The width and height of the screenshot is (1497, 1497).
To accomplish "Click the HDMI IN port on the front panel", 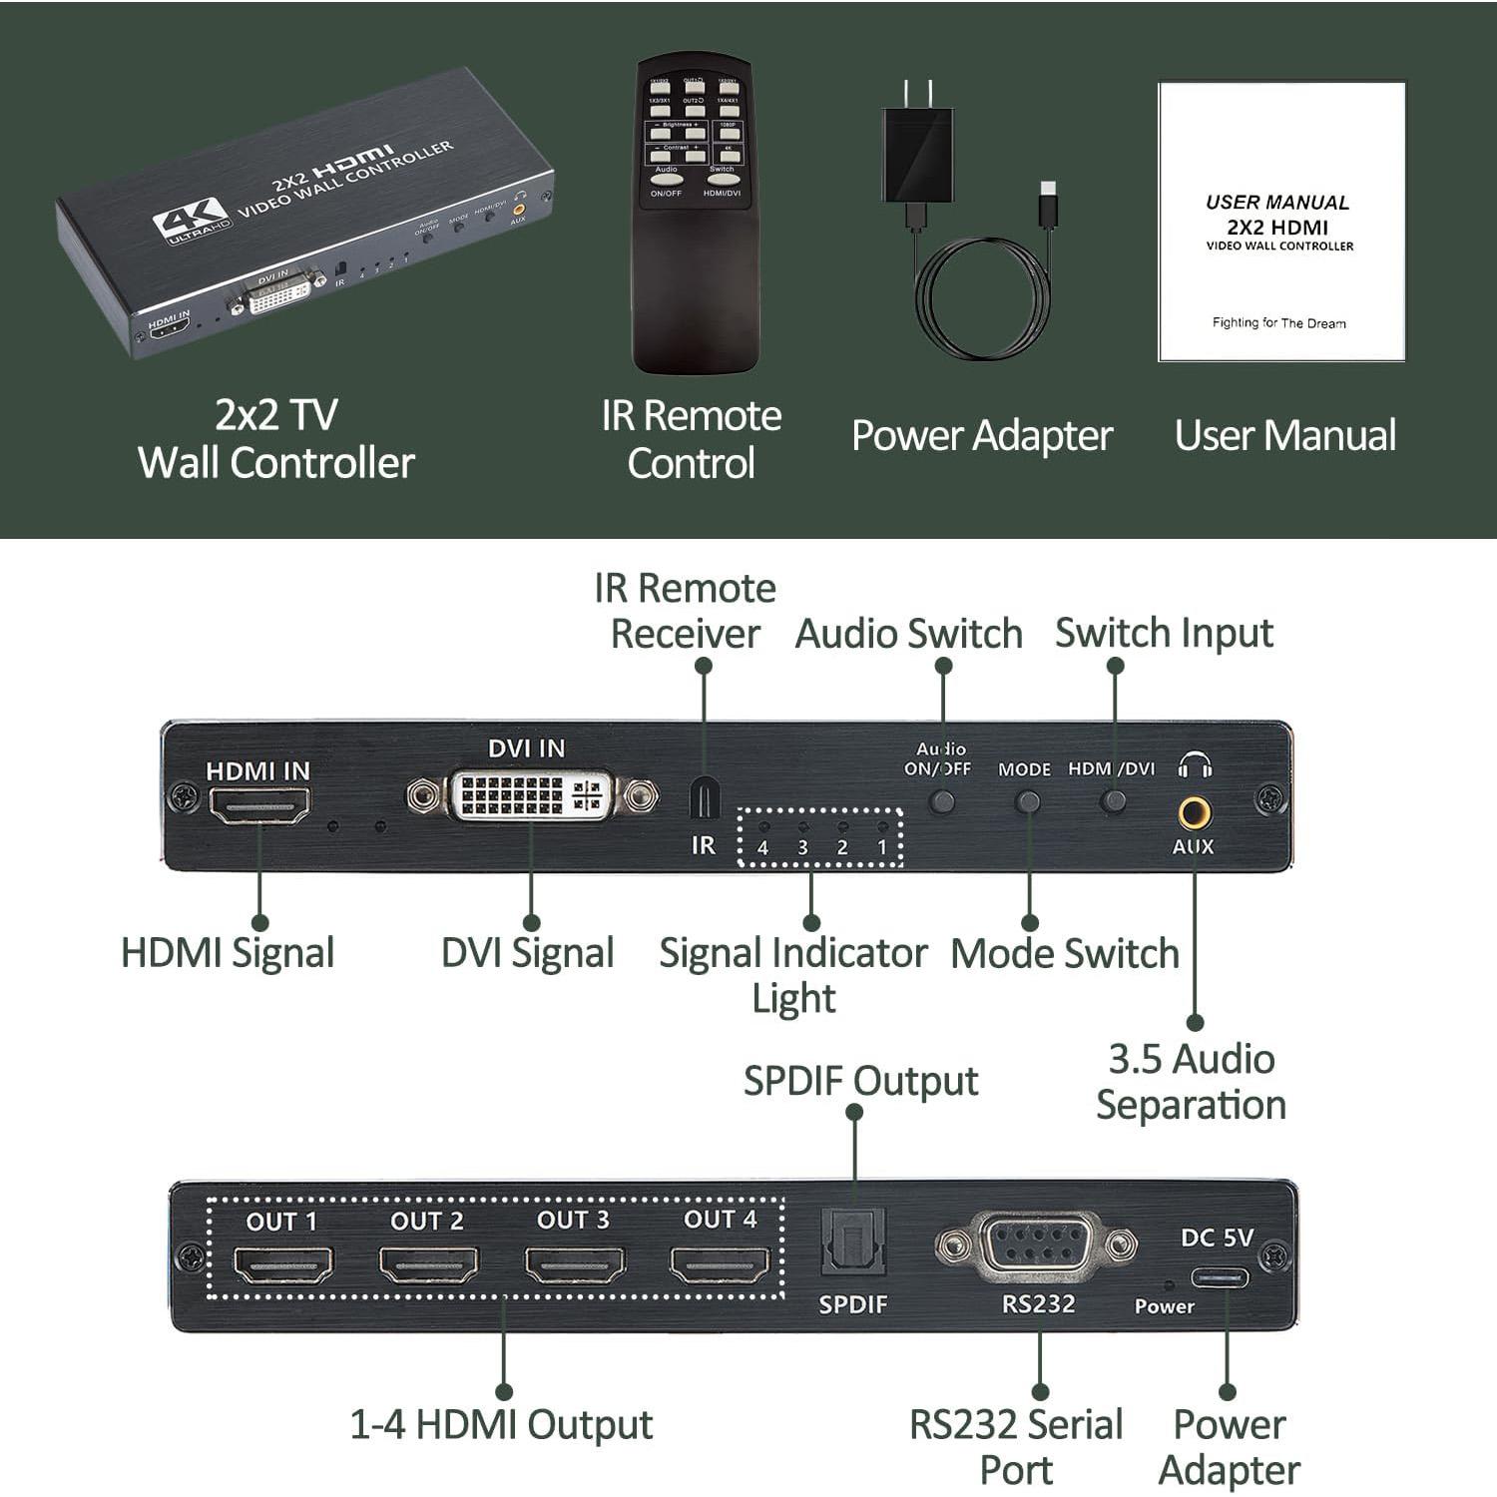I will click(x=259, y=805).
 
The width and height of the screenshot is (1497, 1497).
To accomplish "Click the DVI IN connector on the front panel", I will click(x=531, y=795).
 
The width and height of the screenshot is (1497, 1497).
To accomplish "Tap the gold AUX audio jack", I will click(x=1194, y=812).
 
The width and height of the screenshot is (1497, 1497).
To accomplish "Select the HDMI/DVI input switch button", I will click(x=1112, y=800).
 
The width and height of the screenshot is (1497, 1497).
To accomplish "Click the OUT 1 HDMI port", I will click(x=282, y=1264).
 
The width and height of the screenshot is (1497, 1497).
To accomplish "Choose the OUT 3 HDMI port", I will click(x=574, y=1263).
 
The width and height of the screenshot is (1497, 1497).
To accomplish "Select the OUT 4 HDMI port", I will click(x=720, y=1263).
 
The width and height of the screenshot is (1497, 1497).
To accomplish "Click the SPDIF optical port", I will click(x=853, y=1243).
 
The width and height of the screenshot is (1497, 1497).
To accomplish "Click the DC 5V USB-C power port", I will click(x=1219, y=1278).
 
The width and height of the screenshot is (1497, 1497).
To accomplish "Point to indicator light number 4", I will click(x=763, y=827).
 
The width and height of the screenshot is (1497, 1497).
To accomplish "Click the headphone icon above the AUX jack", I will click(x=1194, y=766).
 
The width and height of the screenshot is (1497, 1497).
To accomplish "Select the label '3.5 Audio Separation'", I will click(x=1191, y=1082).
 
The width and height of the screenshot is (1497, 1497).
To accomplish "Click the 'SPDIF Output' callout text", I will click(x=860, y=1081).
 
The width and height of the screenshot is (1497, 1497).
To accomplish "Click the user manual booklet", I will click(x=1281, y=222).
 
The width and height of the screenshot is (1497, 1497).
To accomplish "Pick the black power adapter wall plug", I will click(x=917, y=155).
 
